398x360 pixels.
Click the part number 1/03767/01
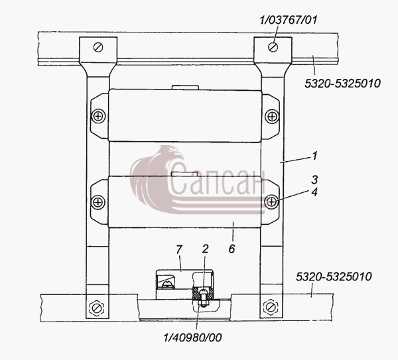[289, 20]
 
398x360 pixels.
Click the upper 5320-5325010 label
[342, 84]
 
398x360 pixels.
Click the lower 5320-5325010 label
[334, 276]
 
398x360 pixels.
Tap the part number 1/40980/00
[192, 337]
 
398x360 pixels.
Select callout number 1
[314, 156]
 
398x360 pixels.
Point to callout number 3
[314, 180]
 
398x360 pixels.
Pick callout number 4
[314, 192]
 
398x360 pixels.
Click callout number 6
[232, 249]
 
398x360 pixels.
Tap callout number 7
[179, 250]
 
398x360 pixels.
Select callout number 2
[205, 249]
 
